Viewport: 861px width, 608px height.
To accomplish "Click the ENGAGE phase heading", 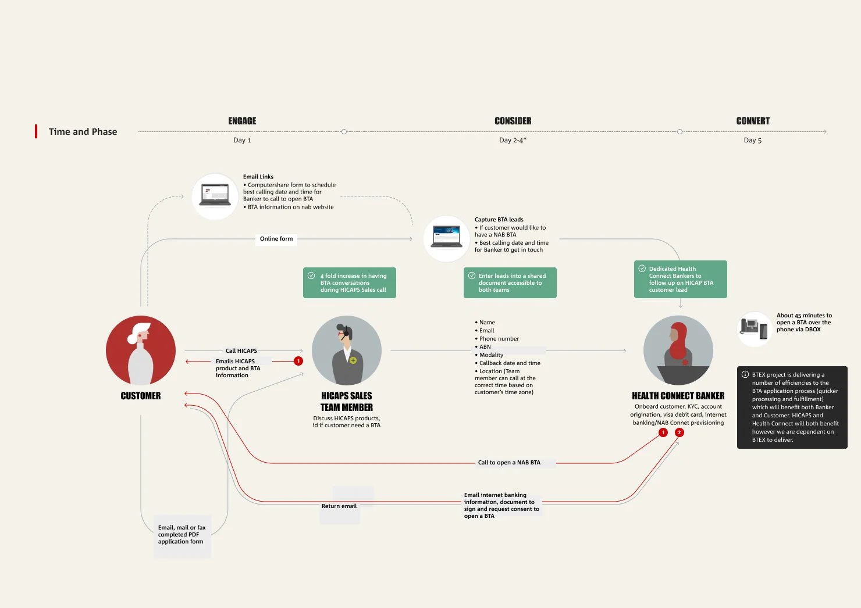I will click(x=242, y=121).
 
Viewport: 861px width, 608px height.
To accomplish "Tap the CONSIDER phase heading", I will click(x=513, y=121).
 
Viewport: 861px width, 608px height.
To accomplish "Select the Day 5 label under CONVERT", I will click(x=752, y=140).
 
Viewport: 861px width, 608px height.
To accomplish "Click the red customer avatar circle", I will click(x=141, y=351).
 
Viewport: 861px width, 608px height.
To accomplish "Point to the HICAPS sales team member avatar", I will click(x=347, y=351).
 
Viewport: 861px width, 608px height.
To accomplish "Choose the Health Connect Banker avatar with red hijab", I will click(x=678, y=351).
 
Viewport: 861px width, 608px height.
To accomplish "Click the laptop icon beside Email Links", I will click(x=215, y=196).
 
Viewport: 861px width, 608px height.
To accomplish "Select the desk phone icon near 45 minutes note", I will click(x=754, y=328).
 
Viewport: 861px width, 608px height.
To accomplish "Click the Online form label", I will click(x=276, y=239).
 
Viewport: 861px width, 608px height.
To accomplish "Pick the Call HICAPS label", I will click(x=241, y=351).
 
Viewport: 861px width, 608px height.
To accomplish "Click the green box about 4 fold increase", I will click(x=349, y=283).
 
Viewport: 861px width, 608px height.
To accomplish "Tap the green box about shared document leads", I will click(x=510, y=283).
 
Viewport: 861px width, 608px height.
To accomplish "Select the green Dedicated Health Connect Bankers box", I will click(x=680, y=280).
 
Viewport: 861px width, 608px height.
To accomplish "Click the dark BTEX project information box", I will click(x=792, y=407).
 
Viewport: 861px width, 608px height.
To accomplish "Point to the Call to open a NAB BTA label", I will click(x=509, y=463).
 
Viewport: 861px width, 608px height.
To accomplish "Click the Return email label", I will click(x=339, y=506).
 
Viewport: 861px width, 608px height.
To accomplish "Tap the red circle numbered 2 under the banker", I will click(x=679, y=432).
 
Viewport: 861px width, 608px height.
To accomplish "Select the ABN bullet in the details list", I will click(x=485, y=347).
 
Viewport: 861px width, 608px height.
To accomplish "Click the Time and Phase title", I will click(x=83, y=132).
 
